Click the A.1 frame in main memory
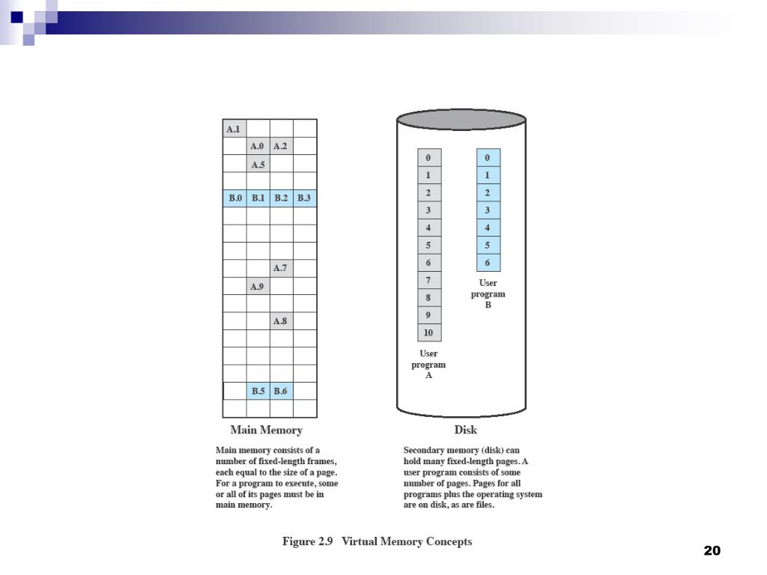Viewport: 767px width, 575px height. (234, 129)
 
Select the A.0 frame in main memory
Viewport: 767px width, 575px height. (258, 146)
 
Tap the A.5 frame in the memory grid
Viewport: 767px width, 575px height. (258, 164)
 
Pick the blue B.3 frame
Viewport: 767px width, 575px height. (304, 198)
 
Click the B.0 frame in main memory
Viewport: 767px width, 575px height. (235, 198)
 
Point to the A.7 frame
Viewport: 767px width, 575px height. (281, 268)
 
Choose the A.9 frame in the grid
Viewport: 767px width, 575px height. (258, 286)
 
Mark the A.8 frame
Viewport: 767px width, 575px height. (281, 321)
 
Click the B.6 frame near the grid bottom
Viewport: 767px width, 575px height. (281, 391)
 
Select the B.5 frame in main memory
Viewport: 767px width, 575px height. (258, 391)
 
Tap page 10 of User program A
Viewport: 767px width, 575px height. (429, 332)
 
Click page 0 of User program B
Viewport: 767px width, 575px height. (488, 157)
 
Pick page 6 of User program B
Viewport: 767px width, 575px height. (488, 263)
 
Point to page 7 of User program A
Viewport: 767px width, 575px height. (429, 280)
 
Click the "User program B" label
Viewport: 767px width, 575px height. (488, 293)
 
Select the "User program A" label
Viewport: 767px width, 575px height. (428, 364)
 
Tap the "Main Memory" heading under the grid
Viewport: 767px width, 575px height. (266, 431)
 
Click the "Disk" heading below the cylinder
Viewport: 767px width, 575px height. (465, 430)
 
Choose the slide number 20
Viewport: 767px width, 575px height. (712, 551)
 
